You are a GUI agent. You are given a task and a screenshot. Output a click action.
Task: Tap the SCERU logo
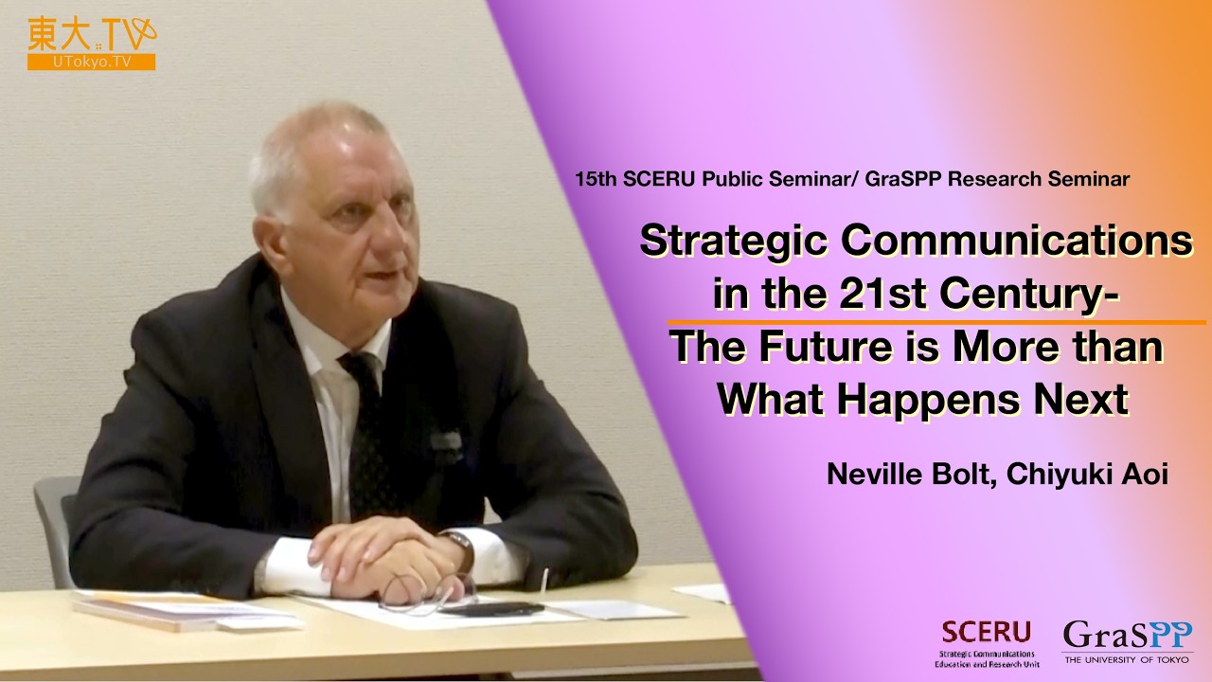pos(987,639)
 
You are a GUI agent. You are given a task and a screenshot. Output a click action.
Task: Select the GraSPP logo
pos(1127,641)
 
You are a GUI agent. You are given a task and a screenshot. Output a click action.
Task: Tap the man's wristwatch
pos(461,547)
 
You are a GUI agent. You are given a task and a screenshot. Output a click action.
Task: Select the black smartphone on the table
pos(492,608)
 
